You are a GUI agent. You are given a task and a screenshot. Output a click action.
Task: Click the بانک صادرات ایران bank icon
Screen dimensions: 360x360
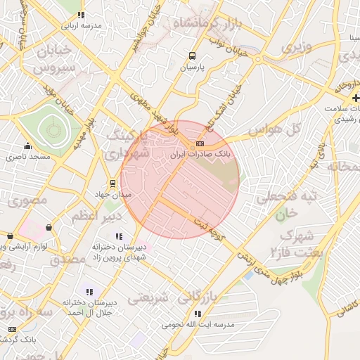(200, 143)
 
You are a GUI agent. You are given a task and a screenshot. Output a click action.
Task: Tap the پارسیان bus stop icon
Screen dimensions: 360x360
(192, 56)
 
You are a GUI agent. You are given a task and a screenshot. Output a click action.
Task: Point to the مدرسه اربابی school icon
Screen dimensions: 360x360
(82, 15)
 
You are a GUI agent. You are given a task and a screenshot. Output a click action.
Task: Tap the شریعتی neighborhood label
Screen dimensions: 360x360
(147, 297)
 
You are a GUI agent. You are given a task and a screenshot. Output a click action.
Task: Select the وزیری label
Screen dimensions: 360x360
(295, 48)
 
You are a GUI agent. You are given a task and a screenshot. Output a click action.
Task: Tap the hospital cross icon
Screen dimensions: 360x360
(355, 97)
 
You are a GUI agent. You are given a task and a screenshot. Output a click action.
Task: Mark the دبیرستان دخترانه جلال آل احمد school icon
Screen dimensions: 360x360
(89, 291)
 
